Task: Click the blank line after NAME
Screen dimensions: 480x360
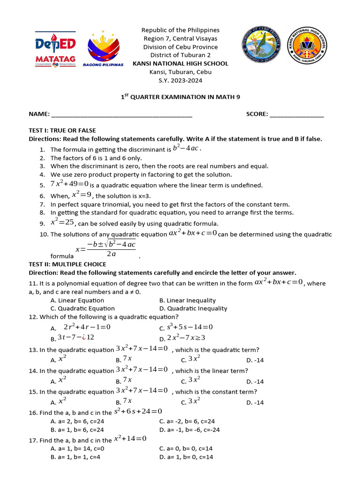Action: [x=121, y=114]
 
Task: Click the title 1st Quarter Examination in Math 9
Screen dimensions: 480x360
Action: [x=180, y=97]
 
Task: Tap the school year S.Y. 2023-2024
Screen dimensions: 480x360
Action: [x=180, y=80]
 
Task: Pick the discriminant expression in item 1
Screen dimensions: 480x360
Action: [x=187, y=149]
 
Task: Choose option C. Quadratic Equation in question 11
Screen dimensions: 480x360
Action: [x=82, y=308]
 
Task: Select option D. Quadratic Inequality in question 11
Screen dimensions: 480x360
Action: [x=193, y=308]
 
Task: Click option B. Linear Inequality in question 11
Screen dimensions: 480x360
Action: [x=187, y=300]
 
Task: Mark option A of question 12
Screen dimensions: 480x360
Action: [x=82, y=327]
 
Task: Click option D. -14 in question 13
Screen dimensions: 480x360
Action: [x=255, y=360]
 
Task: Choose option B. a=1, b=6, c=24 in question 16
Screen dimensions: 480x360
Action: [x=77, y=429]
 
